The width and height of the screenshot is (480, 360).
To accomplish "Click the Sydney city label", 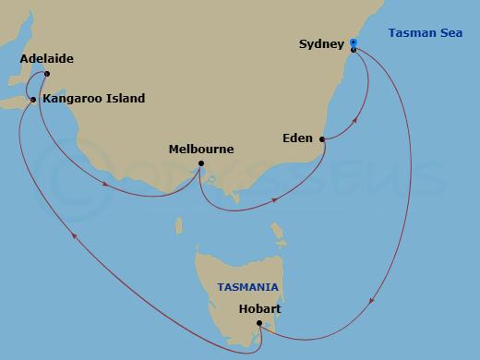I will coord(322,43).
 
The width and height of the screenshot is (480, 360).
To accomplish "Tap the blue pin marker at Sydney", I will coord(354,42).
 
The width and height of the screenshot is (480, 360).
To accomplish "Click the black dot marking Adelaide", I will coord(46,75).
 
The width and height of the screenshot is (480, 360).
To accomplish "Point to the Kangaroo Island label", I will coord(93,98).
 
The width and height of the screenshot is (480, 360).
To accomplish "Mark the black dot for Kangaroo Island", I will coord(33,99).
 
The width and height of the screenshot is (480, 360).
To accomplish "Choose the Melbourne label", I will coord(201,149).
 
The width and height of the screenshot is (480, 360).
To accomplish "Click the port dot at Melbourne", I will coord(201,164).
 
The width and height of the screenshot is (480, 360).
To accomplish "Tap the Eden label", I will coord(298,138).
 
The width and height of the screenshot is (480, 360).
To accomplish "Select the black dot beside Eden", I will coord(321,139).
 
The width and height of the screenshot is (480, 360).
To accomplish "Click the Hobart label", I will coord(258,308).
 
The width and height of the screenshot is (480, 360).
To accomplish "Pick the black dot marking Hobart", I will coord(259,323).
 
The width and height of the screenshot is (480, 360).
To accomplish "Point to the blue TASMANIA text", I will coord(248,287).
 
